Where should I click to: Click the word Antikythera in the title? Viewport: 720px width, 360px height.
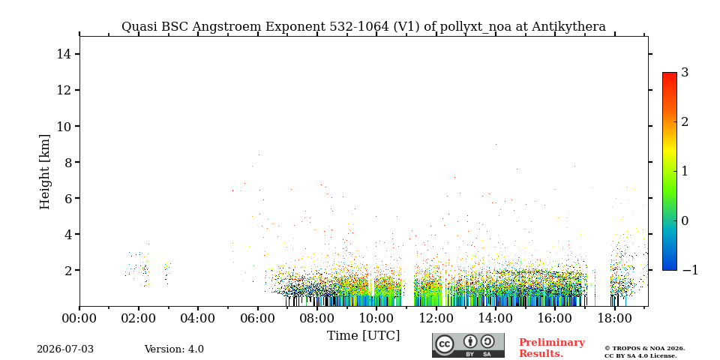568,27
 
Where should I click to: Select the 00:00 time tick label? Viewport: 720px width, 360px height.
79,318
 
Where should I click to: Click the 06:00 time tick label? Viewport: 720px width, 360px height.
257,318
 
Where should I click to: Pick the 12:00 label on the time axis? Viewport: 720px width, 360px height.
436,318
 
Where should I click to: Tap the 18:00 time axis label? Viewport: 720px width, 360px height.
614,318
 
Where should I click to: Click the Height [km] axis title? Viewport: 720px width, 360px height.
44,172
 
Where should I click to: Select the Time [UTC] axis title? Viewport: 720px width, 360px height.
363,336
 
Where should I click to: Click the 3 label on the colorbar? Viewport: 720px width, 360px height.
685,73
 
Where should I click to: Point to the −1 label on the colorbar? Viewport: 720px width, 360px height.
690,270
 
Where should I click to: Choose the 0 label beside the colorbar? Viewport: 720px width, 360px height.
685,220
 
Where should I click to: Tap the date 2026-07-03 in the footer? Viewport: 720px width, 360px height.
65,349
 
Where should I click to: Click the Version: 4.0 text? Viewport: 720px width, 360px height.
174,349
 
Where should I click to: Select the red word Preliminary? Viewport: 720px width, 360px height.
552,343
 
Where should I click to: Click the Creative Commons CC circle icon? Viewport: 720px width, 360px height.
444,344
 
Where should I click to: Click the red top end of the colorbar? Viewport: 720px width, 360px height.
670,73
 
